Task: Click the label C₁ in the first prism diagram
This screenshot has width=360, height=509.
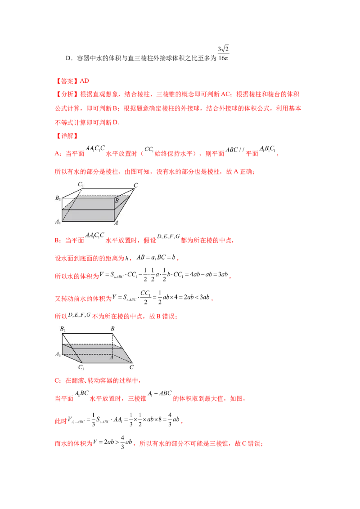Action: tap(81, 184)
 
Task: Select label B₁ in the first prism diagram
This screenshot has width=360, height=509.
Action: tap(58, 198)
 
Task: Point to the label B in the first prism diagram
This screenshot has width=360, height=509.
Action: tap(117, 201)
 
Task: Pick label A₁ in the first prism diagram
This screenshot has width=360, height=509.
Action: tap(58, 222)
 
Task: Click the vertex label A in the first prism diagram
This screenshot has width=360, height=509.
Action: tap(116, 222)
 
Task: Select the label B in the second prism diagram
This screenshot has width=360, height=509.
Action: tap(113, 329)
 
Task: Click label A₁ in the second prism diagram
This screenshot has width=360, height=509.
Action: tap(58, 354)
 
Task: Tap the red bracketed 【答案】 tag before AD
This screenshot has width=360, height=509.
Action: tap(66, 81)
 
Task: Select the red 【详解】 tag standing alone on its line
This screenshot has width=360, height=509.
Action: tap(66, 135)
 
